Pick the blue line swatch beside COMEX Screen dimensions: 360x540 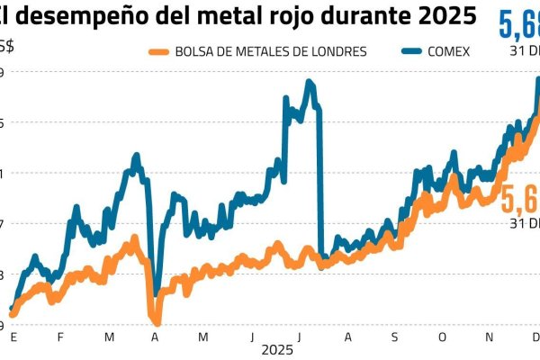pos(404,51)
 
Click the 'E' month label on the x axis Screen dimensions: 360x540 pos(13,337)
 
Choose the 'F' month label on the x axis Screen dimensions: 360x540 pos(61,337)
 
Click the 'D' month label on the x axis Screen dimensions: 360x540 pos(535,337)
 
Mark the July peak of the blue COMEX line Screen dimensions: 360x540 pos(308,82)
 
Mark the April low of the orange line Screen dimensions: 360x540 pos(157,323)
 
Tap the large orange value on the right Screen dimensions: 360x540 pos(520,198)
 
